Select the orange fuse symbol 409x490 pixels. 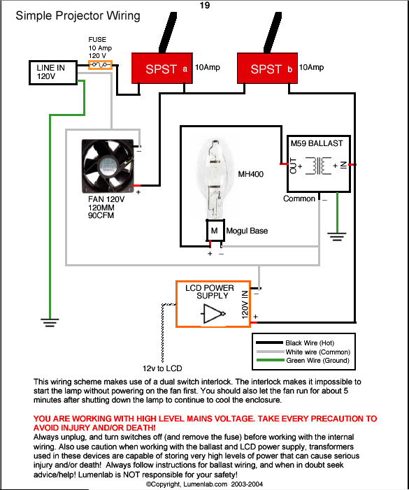[x=100, y=65]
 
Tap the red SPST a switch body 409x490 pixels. [x=162, y=68]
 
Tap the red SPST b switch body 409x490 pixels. [x=267, y=68]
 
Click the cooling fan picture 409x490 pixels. [x=108, y=166]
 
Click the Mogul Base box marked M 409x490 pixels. [x=215, y=230]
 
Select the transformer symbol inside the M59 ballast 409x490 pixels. [x=318, y=166]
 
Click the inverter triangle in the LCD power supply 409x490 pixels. [x=214, y=313]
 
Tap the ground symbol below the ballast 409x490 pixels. [x=337, y=236]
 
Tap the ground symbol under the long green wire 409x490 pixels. [x=50, y=322]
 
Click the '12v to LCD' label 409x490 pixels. [x=162, y=368]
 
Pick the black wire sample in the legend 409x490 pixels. [x=269, y=343]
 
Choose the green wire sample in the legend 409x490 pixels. [x=270, y=360]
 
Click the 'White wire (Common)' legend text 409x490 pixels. [x=318, y=352]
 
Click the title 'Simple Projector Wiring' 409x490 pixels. [x=78, y=15]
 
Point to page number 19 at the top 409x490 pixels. [x=205, y=6]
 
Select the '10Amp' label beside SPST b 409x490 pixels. [x=311, y=67]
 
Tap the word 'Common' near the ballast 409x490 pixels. [x=299, y=199]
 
